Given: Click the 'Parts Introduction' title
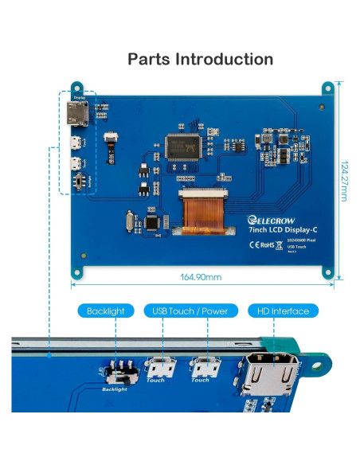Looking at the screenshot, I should tap(200, 59).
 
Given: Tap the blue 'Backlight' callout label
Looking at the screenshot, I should tap(105, 311).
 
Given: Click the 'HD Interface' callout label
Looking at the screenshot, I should tap(278, 311).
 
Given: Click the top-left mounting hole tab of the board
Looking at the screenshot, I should tap(76, 88).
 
